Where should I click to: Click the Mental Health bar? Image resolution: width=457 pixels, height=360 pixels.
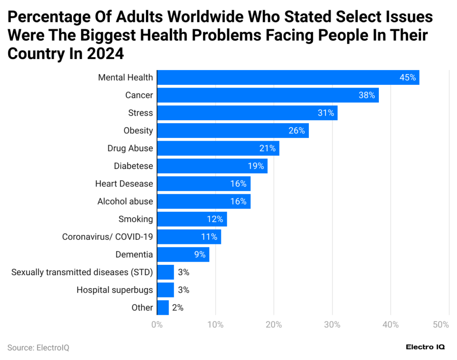tap(288, 77)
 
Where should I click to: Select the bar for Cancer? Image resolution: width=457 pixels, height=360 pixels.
tap(268, 95)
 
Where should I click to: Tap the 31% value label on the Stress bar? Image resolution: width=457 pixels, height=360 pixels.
tap(326, 113)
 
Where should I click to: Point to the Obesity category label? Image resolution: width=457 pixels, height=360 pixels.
tap(138, 130)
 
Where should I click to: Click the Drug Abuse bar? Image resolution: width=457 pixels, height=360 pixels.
tap(218, 148)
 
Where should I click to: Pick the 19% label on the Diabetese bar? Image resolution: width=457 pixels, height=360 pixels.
tap(256, 166)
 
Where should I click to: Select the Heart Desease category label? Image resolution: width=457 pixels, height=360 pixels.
tap(124, 184)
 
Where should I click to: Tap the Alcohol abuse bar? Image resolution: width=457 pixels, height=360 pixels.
tap(204, 201)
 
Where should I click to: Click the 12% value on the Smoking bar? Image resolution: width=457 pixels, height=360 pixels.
tap(215, 219)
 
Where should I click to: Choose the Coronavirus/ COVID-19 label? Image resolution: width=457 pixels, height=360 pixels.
tap(108, 237)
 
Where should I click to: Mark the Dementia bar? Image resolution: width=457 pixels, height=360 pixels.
tap(183, 255)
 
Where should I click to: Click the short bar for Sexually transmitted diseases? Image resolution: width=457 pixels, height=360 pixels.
tap(165, 272)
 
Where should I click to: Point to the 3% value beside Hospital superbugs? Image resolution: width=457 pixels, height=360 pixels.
tap(183, 290)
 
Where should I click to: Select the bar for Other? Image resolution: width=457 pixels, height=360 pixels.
tap(163, 307)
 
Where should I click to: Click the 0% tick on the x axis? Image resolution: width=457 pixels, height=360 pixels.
tap(157, 325)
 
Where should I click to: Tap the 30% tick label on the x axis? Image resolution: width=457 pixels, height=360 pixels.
tap(332, 325)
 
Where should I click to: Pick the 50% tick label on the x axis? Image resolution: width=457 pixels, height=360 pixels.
tap(441, 325)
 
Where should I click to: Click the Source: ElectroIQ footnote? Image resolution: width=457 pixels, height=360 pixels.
tap(38, 347)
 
